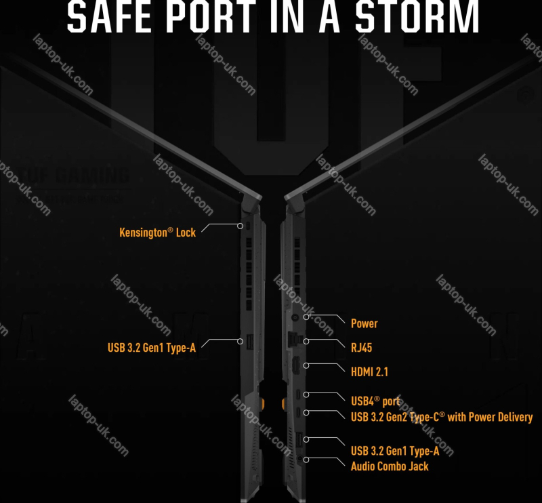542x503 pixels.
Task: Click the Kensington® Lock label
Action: [157, 233]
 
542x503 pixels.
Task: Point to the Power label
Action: [364, 323]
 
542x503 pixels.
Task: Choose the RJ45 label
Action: [361, 348]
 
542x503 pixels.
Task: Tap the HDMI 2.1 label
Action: [369, 371]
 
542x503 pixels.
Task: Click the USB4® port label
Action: [375, 401]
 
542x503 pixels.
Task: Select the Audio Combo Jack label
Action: [390, 466]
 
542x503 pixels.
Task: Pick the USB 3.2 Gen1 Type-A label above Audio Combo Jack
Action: [395, 451]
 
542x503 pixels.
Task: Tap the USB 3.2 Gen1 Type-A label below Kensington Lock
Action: [152, 348]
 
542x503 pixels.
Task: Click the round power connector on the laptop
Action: [295, 317]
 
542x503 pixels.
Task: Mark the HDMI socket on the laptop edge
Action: [295, 366]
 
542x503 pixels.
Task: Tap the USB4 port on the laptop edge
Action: [297, 394]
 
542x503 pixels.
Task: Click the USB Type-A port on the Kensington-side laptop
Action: [246, 342]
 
